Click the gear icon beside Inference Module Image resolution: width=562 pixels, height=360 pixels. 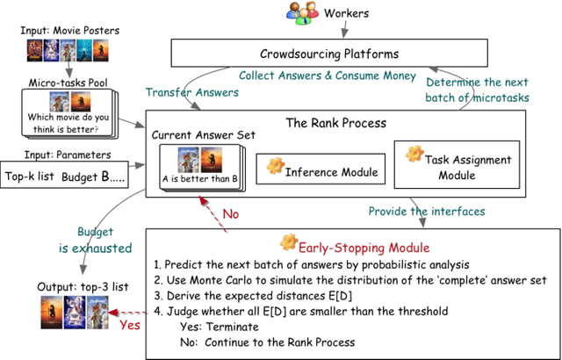275,163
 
